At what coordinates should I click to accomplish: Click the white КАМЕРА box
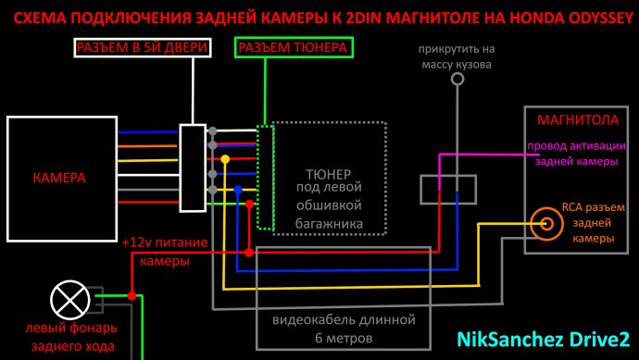(61, 177)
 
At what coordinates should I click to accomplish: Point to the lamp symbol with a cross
(68, 298)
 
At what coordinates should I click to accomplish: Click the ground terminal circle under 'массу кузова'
(456, 81)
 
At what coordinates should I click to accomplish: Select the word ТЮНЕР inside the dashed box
(327, 173)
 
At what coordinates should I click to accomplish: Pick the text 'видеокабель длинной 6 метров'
(343, 329)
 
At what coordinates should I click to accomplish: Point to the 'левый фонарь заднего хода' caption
(69, 338)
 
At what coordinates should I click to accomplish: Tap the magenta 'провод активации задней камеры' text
(572, 154)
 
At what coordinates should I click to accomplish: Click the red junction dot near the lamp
(132, 296)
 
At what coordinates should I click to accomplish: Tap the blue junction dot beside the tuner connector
(238, 191)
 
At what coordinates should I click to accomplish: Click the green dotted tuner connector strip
(266, 177)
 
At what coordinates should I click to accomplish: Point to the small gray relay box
(449, 190)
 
